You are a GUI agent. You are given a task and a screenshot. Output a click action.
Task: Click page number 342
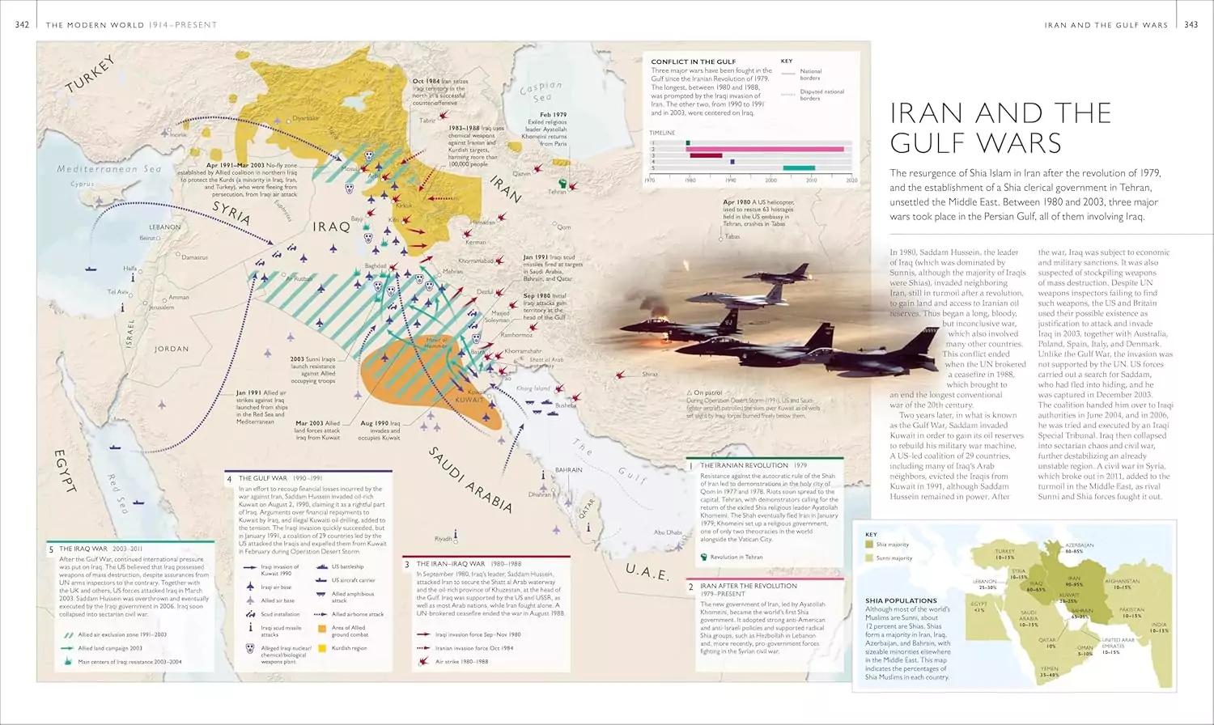(22, 25)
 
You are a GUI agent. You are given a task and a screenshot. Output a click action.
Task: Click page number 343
(1191, 25)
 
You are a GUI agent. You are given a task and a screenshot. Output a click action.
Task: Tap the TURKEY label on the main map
(91, 74)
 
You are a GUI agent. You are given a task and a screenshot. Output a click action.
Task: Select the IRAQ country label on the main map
(331, 227)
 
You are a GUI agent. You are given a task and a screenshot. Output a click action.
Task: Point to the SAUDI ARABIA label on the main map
(470, 479)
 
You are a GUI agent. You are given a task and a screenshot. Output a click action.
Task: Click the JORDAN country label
(172, 350)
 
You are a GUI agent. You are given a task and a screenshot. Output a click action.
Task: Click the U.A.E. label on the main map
(647, 572)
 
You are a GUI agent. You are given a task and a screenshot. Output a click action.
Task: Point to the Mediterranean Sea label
(109, 169)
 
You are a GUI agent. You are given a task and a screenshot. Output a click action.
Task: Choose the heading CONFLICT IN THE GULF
(693, 61)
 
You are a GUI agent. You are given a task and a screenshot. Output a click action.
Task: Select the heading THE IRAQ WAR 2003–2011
(95, 549)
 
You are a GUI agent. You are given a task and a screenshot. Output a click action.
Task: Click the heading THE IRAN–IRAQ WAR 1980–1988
(469, 563)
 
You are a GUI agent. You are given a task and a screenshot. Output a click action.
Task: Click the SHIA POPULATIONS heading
(901, 600)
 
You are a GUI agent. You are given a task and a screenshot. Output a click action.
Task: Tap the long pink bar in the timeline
(766, 149)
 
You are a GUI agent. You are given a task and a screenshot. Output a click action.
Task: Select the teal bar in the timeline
(799, 167)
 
